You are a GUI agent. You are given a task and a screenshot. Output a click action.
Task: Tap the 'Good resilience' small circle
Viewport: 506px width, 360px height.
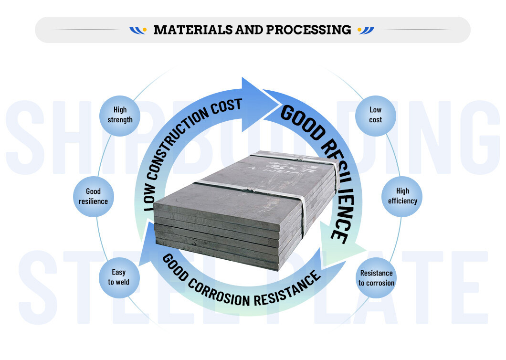93,196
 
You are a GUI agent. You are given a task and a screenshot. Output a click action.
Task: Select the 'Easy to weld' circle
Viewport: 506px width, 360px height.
118,277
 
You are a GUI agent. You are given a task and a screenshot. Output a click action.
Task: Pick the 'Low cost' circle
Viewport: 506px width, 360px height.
375,115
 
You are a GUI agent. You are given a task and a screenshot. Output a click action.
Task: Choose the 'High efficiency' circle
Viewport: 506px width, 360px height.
402,196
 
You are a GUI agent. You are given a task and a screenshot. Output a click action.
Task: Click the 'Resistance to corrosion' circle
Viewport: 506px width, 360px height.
376,278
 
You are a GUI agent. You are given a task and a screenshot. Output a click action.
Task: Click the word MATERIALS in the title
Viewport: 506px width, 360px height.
193,30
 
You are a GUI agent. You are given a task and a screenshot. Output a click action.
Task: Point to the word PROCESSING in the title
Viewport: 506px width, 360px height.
308,30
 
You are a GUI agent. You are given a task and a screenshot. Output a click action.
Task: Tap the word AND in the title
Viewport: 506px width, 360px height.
250,30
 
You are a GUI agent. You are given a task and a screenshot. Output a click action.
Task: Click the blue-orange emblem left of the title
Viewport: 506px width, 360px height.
137,30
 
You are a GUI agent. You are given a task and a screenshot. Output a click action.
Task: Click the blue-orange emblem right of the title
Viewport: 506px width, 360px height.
366,30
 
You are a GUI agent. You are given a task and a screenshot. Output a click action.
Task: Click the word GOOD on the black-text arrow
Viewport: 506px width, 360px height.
300,119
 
